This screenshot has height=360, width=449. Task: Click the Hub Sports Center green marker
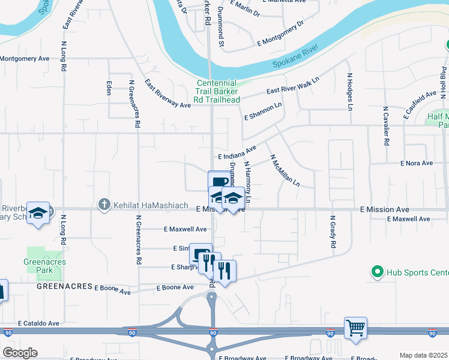tap(378, 272)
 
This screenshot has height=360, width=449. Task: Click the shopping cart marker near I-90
tap(355, 328)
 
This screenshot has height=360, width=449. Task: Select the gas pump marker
tap(201, 254)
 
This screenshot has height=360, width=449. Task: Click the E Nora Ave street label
tap(417, 163)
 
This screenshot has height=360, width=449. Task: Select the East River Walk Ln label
tap(292, 85)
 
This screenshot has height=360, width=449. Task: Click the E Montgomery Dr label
tap(281, 33)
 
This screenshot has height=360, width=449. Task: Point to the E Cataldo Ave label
tap(38, 323)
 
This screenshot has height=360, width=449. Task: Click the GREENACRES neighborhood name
tap(64, 287)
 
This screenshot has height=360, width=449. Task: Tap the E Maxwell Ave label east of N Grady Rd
tap(408, 219)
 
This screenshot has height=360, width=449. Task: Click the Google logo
tap(20, 353)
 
